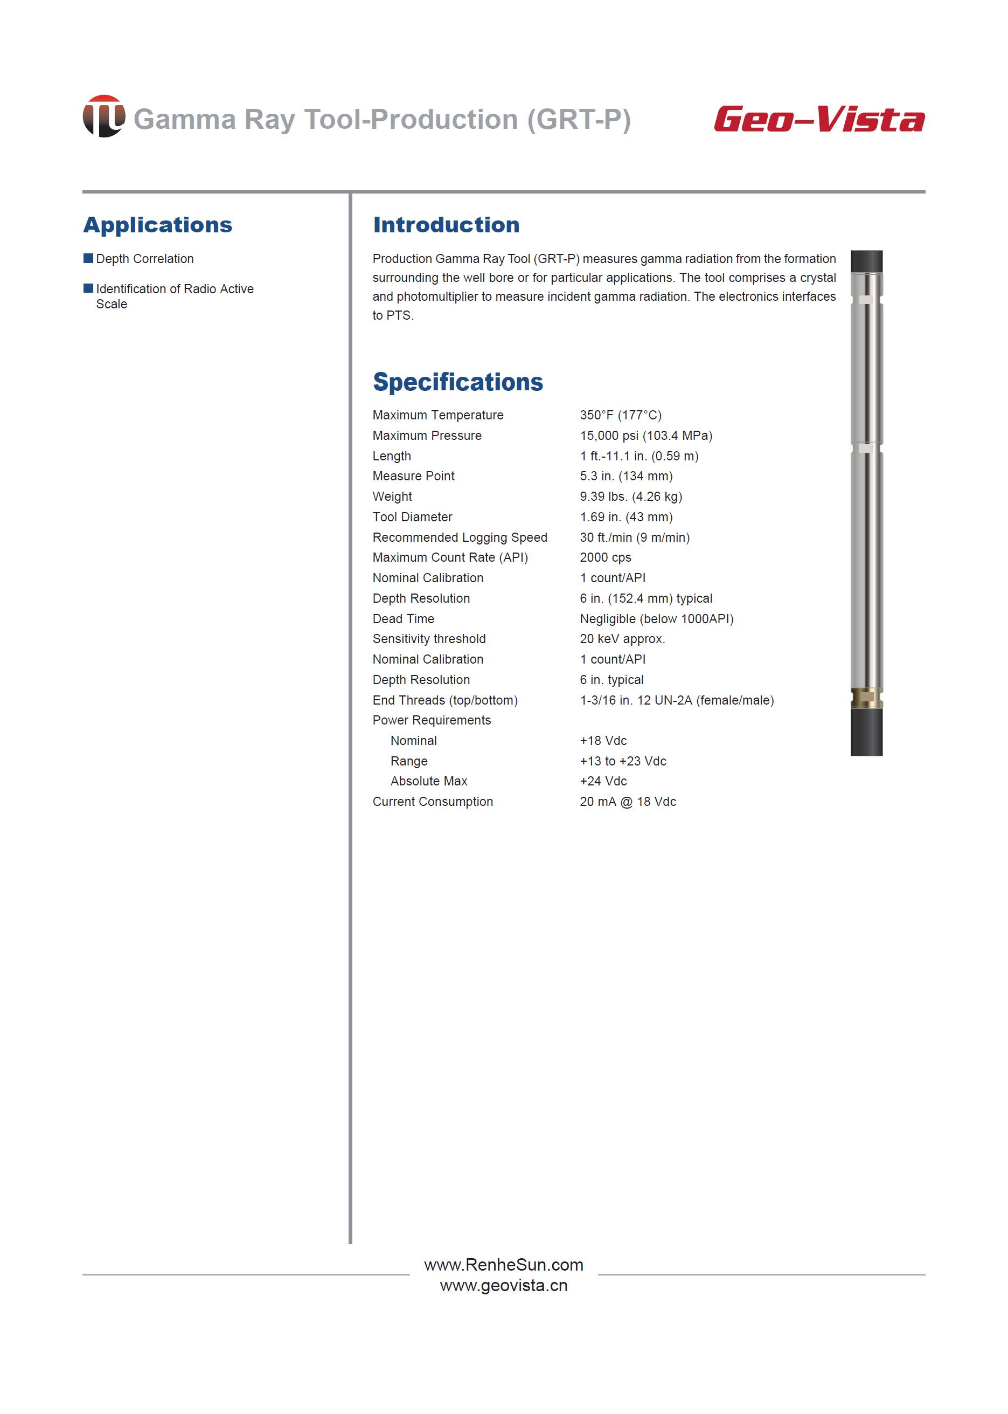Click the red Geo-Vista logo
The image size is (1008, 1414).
tap(819, 119)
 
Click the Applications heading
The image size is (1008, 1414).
tap(158, 225)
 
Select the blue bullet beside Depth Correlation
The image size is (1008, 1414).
tap(88, 258)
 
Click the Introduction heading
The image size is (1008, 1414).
tap(446, 225)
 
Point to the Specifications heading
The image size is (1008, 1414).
tap(457, 382)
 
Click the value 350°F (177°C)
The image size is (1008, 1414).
tap(621, 415)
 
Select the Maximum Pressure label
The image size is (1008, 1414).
tap(427, 436)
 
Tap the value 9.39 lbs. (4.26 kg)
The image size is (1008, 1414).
tap(631, 496)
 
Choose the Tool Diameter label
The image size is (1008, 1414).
tap(412, 516)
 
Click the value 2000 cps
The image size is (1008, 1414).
tap(605, 557)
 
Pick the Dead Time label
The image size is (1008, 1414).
tap(404, 618)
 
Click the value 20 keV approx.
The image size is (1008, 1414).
tap(622, 638)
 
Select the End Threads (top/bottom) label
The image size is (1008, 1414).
tap(445, 700)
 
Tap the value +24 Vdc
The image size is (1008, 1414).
tap(603, 781)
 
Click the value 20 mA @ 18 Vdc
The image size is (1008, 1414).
tap(628, 801)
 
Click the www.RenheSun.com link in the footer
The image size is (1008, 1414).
tap(503, 1264)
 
